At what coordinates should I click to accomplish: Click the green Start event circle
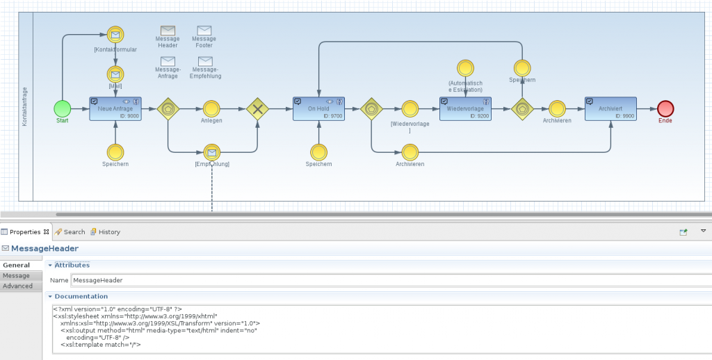(x=63, y=108)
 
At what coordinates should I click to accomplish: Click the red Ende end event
(x=665, y=108)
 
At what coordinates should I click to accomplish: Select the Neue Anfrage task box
(x=115, y=108)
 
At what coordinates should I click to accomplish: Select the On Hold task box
(x=318, y=108)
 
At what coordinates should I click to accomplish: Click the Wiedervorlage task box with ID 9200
(x=465, y=108)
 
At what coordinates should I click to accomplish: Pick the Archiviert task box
(x=610, y=108)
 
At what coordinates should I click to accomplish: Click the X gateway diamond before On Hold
(x=258, y=108)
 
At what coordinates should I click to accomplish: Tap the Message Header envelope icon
(x=168, y=31)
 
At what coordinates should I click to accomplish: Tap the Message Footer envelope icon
(x=204, y=31)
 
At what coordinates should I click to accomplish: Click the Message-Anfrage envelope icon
(x=168, y=61)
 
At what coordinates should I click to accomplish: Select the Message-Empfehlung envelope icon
(x=205, y=61)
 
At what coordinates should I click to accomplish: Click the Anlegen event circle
(x=211, y=108)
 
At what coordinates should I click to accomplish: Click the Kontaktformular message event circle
(x=115, y=35)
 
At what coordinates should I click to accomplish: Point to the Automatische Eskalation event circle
(x=465, y=68)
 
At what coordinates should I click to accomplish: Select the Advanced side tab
(x=17, y=286)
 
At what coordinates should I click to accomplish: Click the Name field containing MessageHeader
(x=389, y=280)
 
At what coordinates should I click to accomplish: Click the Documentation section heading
(x=81, y=296)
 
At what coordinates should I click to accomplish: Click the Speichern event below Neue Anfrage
(x=115, y=152)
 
